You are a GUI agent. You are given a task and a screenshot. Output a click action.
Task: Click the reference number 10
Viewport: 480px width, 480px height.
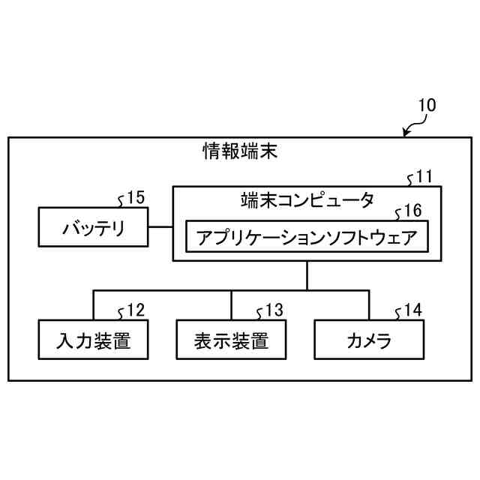[425, 106]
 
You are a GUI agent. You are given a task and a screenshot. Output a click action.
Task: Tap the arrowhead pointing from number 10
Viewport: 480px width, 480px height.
[406, 134]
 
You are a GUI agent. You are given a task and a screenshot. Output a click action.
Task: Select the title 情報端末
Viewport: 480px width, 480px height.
[240, 152]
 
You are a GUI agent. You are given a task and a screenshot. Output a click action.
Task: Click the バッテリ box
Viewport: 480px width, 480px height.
[93, 227]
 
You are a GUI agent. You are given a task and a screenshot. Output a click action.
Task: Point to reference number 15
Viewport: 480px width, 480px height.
[135, 197]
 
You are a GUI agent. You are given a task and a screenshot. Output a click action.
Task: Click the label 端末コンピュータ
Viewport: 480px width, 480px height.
[307, 199]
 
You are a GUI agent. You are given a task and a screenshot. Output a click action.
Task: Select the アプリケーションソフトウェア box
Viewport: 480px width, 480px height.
[307, 238]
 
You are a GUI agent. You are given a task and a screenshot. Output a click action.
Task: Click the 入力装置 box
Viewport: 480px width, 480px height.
[93, 340]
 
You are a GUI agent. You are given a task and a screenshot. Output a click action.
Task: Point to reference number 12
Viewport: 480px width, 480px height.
[135, 310]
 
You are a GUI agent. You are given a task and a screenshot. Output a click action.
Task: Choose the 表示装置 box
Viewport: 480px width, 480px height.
[231, 340]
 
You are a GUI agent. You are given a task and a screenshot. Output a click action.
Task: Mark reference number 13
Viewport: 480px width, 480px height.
[274, 310]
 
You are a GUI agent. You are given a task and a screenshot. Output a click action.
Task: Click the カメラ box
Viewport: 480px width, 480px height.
[369, 340]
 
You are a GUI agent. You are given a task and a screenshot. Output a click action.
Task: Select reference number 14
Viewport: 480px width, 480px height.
[412, 310]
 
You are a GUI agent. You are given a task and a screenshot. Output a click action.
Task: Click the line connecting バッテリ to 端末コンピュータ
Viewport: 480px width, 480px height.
[160, 226]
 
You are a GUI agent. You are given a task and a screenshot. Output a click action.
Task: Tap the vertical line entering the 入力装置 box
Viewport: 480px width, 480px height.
[93, 305]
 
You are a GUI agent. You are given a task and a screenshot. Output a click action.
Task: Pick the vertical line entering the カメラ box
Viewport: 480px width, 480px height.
[369, 305]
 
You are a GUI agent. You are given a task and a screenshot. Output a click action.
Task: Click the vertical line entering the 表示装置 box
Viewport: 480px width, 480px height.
[231, 305]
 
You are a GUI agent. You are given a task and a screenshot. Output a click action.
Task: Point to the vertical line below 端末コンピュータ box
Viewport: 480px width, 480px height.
[307, 274]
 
